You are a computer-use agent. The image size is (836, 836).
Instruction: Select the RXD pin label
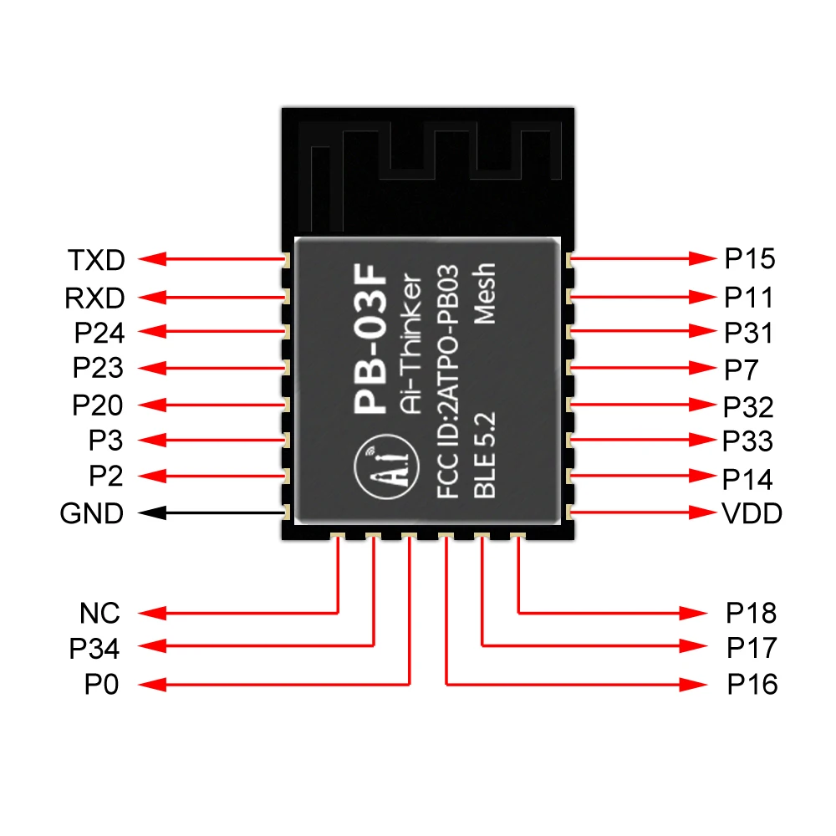pyautogui.click(x=94, y=297)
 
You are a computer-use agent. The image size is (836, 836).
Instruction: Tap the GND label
pyautogui.click(x=92, y=512)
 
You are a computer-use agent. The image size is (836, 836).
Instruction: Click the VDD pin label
pyautogui.click(x=752, y=512)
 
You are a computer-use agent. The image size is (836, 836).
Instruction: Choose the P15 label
pyautogui.click(x=749, y=259)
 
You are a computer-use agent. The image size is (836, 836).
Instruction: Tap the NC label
pyautogui.click(x=100, y=614)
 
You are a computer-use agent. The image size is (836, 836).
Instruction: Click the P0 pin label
pyautogui.click(x=101, y=686)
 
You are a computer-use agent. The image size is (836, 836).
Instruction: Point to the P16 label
pyautogui.click(x=752, y=686)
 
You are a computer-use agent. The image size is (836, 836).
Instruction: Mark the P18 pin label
pyautogui.click(x=751, y=614)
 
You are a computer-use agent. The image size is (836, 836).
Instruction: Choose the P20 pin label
pyautogui.click(x=97, y=405)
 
